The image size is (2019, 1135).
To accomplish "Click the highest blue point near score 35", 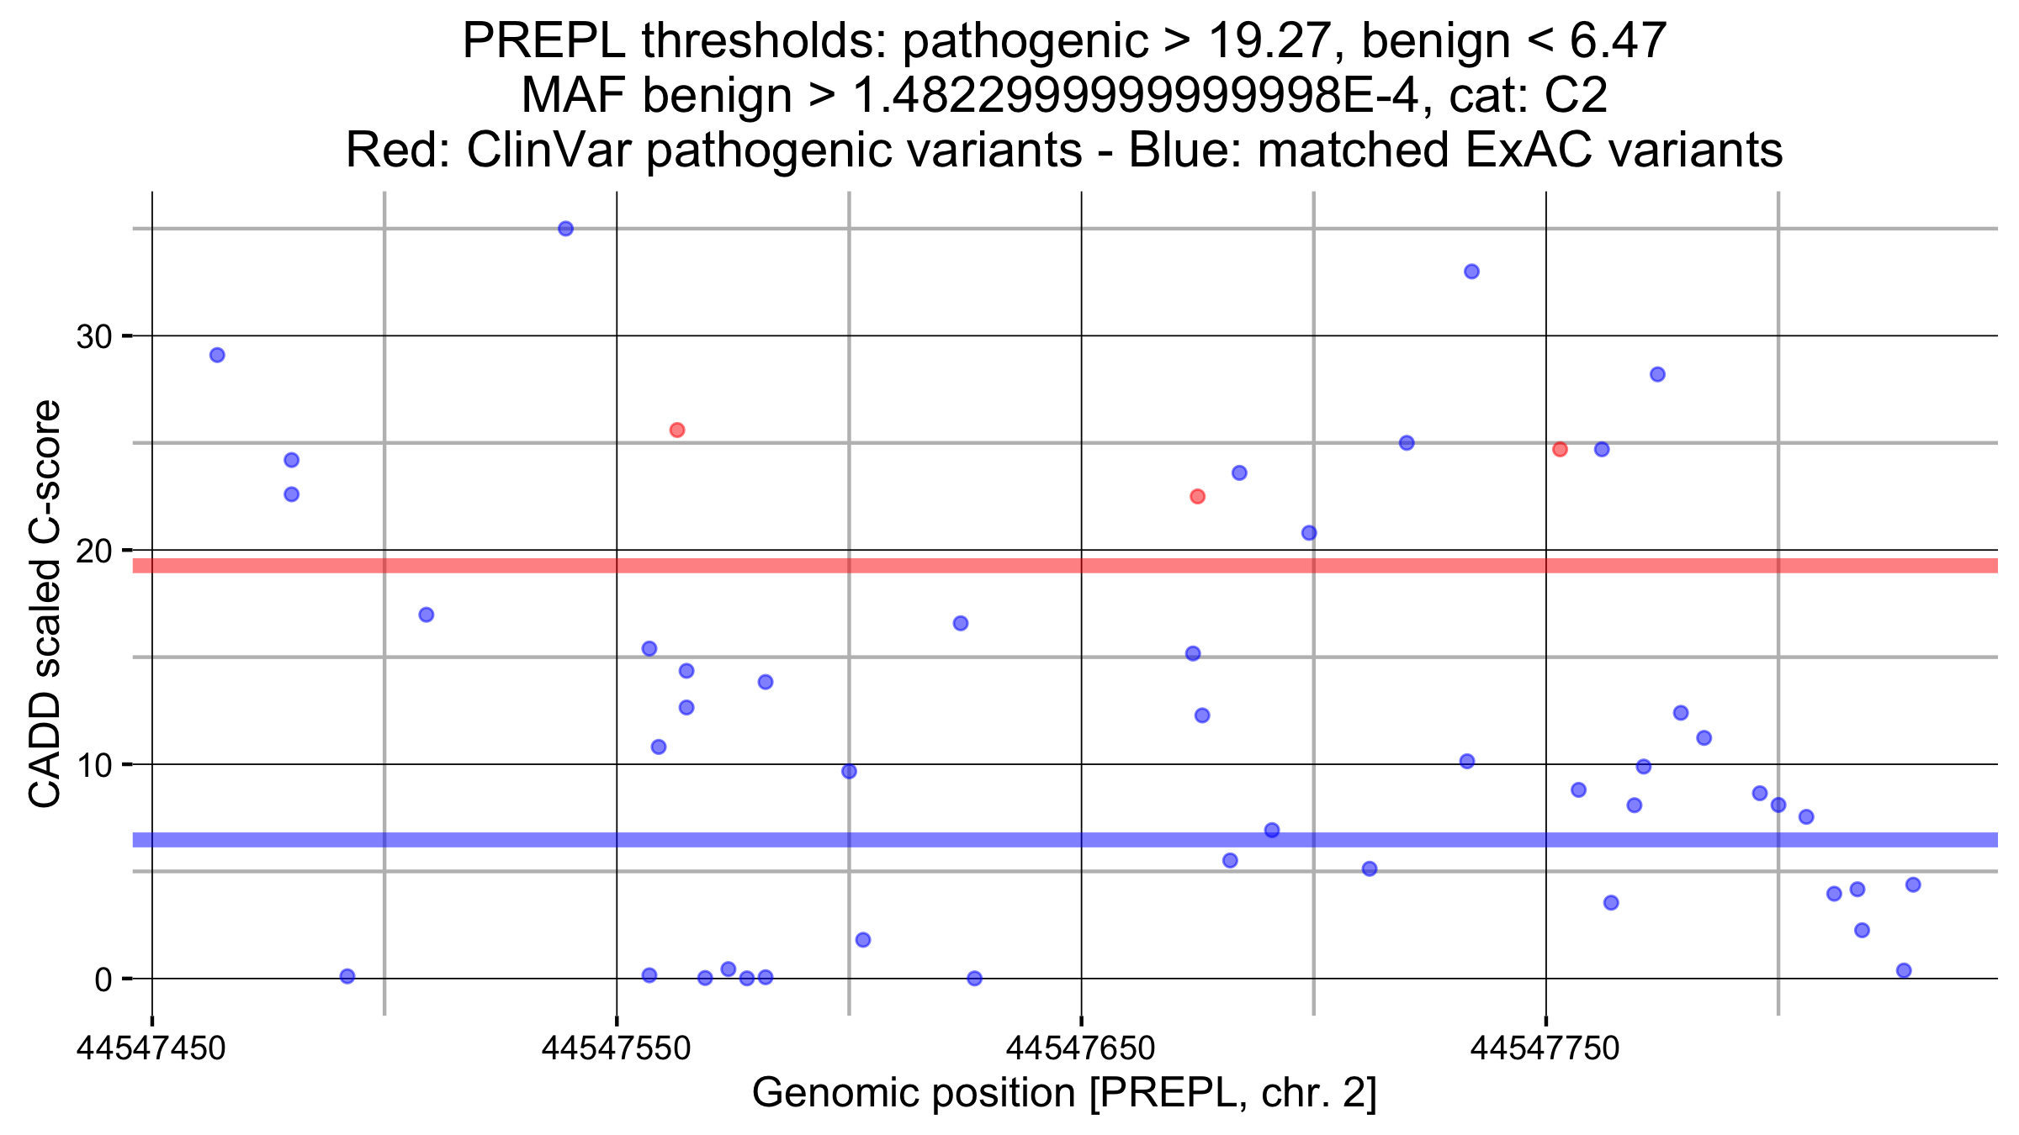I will coord(565,229).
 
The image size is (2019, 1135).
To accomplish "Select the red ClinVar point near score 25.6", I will coord(677,430).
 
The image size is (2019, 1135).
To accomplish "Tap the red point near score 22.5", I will coord(1197,497).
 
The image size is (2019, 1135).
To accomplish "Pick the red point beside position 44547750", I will coord(1560,450).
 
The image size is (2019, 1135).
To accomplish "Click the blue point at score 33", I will coord(1471,272).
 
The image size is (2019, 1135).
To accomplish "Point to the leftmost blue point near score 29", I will coord(217,355).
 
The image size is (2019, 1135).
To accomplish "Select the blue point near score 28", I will coord(1657,374).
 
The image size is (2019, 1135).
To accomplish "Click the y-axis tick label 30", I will coord(94,337).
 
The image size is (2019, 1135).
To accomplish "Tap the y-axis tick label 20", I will coord(94,552).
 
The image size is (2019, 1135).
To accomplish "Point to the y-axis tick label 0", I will coord(103,979).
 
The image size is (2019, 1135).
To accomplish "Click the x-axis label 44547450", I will coord(151,1048).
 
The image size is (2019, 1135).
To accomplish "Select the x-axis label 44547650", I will coord(1081,1048).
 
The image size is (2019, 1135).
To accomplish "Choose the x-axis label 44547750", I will coord(1545,1048).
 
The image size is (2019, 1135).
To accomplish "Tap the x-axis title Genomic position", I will coord(913,1093).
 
